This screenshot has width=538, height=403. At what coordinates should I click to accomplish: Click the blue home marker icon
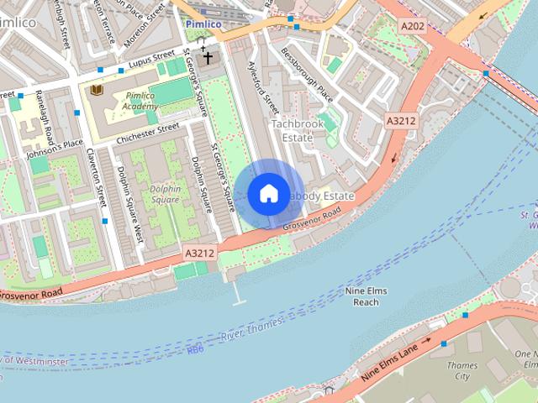(268, 194)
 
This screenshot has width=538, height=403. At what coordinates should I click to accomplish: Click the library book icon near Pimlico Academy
(97, 88)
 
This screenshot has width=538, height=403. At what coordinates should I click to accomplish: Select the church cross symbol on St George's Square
(207, 57)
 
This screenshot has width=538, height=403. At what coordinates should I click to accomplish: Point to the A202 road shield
(413, 27)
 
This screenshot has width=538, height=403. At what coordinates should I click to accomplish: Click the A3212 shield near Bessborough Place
(401, 121)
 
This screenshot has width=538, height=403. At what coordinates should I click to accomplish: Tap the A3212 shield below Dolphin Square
(199, 252)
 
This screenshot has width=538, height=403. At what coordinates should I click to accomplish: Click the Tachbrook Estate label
(297, 130)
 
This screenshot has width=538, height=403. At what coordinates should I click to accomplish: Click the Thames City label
(462, 371)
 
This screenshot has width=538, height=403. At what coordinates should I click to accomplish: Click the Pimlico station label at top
(204, 24)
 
